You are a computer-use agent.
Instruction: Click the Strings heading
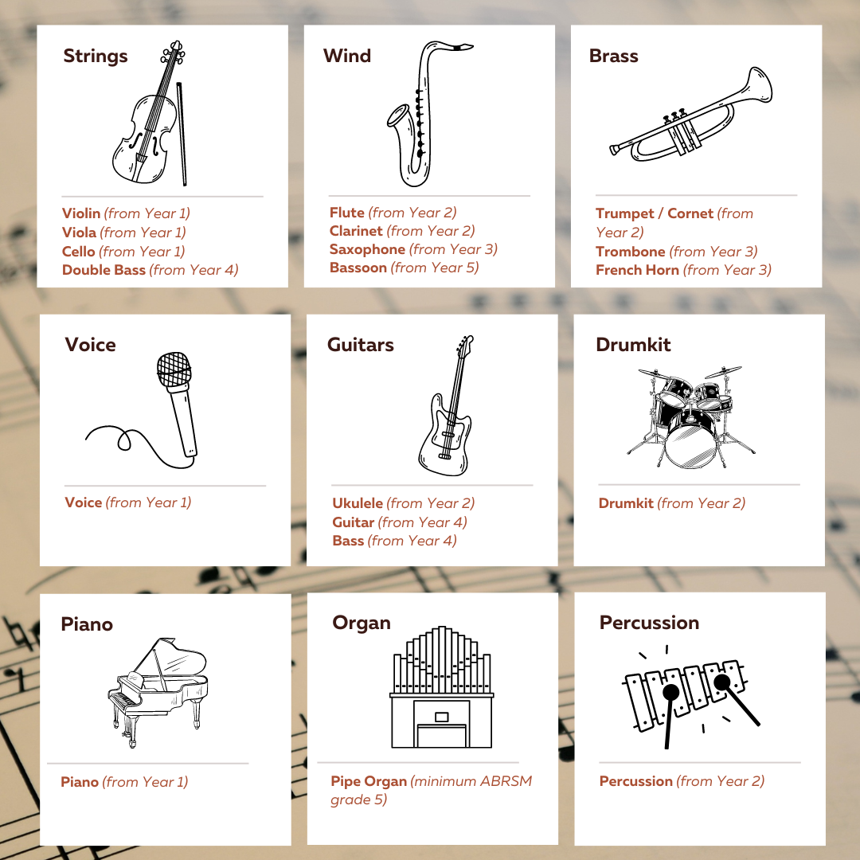click(96, 56)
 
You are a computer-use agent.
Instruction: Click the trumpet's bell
click(760, 85)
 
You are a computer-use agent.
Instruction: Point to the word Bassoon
click(358, 268)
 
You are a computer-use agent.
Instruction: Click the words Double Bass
click(104, 270)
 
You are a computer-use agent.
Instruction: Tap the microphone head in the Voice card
click(174, 369)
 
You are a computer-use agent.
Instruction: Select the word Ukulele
click(358, 503)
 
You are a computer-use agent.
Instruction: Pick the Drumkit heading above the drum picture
click(633, 345)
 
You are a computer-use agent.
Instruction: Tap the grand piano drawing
click(158, 692)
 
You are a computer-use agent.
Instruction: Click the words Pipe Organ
click(369, 781)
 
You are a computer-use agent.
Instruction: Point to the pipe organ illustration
click(441, 686)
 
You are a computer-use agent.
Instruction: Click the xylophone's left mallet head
click(670, 692)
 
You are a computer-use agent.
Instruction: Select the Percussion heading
click(650, 623)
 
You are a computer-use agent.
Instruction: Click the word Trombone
click(631, 251)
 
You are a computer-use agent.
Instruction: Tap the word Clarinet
click(356, 231)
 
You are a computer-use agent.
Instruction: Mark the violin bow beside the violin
click(182, 134)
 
